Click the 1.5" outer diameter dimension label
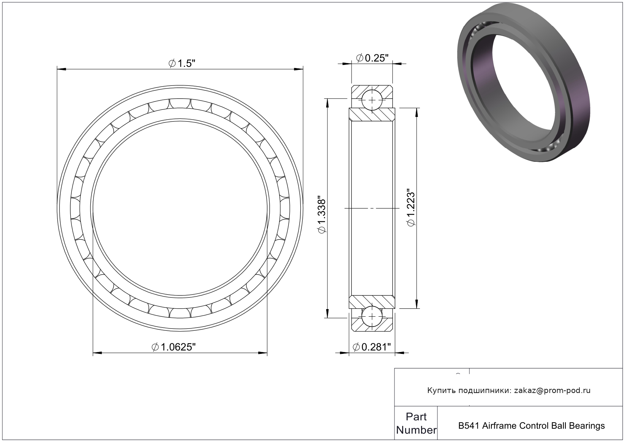[x=182, y=63]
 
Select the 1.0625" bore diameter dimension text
[x=174, y=347]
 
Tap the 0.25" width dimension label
[x=372, y=58]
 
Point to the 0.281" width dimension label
[x=372, y=347]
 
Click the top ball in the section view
[x=372, y=100]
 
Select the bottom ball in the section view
[x=372, y=316]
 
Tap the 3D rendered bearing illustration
[x=524, y=83]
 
